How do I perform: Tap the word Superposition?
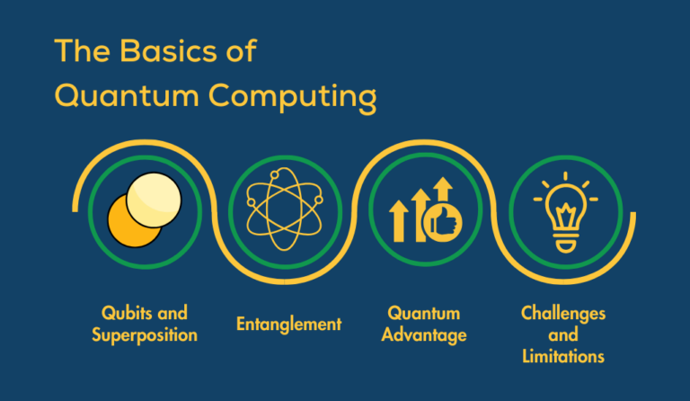pos(144,335)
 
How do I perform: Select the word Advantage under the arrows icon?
pos(424,335)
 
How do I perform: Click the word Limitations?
pos(563,357)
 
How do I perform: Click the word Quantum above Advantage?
pos(424,313)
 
